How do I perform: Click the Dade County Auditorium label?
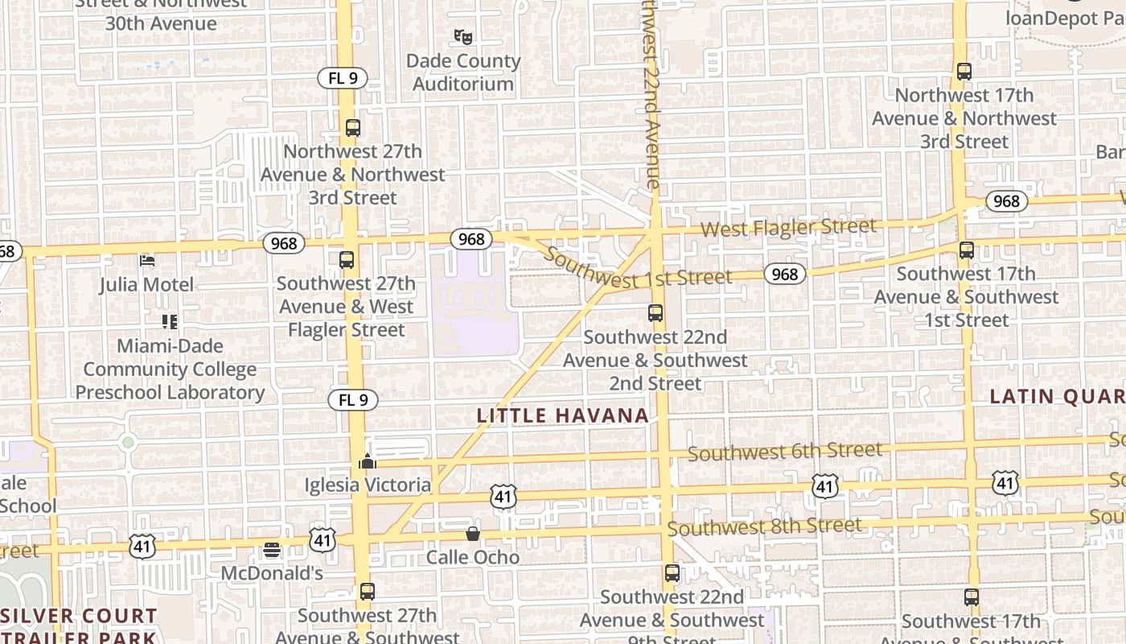click(x=463, y=72)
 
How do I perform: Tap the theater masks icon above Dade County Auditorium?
click(x=462, y=36)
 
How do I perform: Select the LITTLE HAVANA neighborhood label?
click(x=562, y=415)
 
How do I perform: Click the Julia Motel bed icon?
click(x=147, y=260)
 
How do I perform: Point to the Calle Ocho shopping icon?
click(x=473, y=534)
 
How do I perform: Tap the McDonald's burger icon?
click(x=272, y=550)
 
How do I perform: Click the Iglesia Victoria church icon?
click(x=368, y=461)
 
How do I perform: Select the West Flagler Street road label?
click(x=787, y=228)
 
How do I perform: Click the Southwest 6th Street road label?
click(x=784, y=452)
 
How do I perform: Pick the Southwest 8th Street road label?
click(x=764, y=527)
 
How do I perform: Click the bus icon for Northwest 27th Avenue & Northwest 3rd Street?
click(x=352, y=127)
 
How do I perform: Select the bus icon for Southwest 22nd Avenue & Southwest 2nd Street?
click(x=655, y=313)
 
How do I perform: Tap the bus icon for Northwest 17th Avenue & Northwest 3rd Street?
click(x=964, y=71)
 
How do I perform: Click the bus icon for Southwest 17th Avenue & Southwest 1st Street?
click(x=967, y=250)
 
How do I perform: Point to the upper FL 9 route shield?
click(x=343, y=78)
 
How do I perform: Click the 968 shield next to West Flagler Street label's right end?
click(x=1006, y=201)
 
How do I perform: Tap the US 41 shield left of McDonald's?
click(x=141, y=547)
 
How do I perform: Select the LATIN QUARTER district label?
click(x=1057, y=396)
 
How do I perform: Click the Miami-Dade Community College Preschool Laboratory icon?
click(x=170, y=322)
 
